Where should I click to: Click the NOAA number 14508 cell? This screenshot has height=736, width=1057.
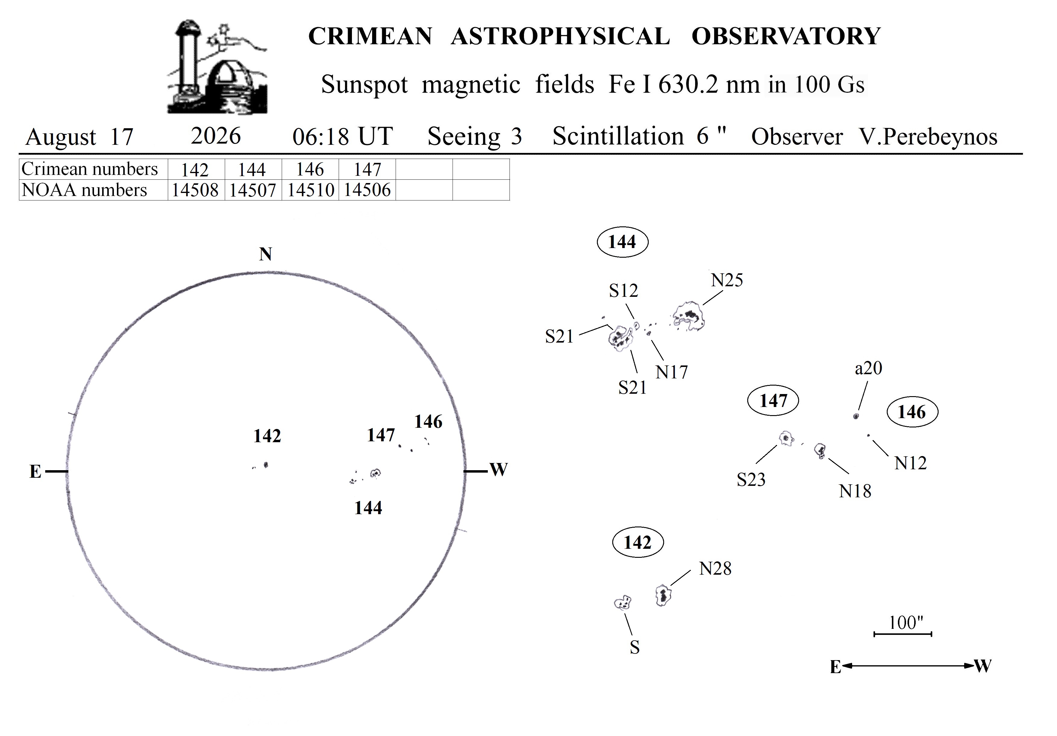pos(195,190)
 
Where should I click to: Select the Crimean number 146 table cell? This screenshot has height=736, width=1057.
pos(310,169)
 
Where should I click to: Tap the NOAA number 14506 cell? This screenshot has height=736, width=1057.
pos(367,190)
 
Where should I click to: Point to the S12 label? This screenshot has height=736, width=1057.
pos(624,291)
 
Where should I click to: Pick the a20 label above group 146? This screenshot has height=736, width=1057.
pos(868,368)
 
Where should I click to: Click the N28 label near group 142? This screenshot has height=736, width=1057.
pos(715,569)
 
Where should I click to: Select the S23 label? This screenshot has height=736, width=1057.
pos(751,480)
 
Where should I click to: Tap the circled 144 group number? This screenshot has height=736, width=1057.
pos(623,241)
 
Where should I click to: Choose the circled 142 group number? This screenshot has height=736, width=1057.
pos(638,543)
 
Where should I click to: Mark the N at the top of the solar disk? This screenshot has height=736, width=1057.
pos(266,254)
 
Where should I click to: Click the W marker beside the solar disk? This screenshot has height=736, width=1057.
pos(499,470)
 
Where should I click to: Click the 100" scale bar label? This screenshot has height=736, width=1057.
pos(905,623)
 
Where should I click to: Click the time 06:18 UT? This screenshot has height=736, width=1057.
pos(343,137)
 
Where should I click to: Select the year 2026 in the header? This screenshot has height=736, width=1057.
pos(216,136)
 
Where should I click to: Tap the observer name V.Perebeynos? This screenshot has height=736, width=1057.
pos(928,137)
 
